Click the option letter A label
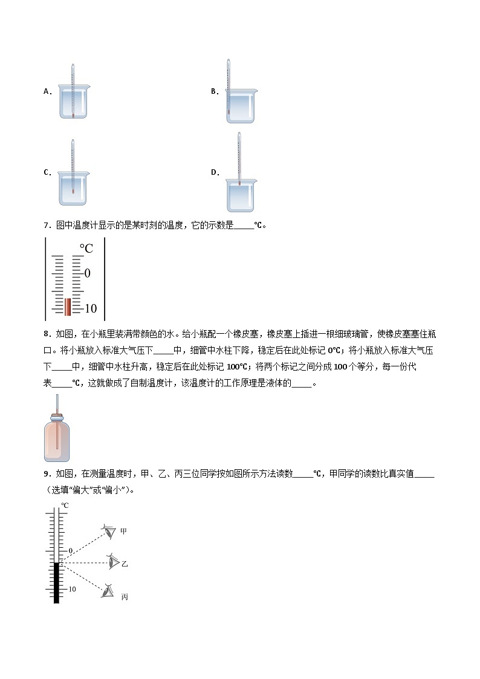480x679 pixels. (47, 91)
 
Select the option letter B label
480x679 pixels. (213, 91)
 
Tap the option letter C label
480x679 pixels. (47, 172)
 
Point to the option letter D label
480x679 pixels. (213, 172)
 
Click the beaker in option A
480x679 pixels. (73, 103)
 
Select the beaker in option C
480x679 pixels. (73, 189)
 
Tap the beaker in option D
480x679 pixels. (241, 195)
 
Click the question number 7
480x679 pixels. (46, 226)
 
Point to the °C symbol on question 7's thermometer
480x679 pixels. (86, 249)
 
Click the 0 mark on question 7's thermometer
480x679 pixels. (88, 273)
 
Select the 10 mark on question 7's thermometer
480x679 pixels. (90, 308)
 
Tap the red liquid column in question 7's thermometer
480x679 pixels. (68, 307)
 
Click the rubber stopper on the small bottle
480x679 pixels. (57, 417)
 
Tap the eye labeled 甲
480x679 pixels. (109, 532)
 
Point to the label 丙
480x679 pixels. (125, 597)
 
